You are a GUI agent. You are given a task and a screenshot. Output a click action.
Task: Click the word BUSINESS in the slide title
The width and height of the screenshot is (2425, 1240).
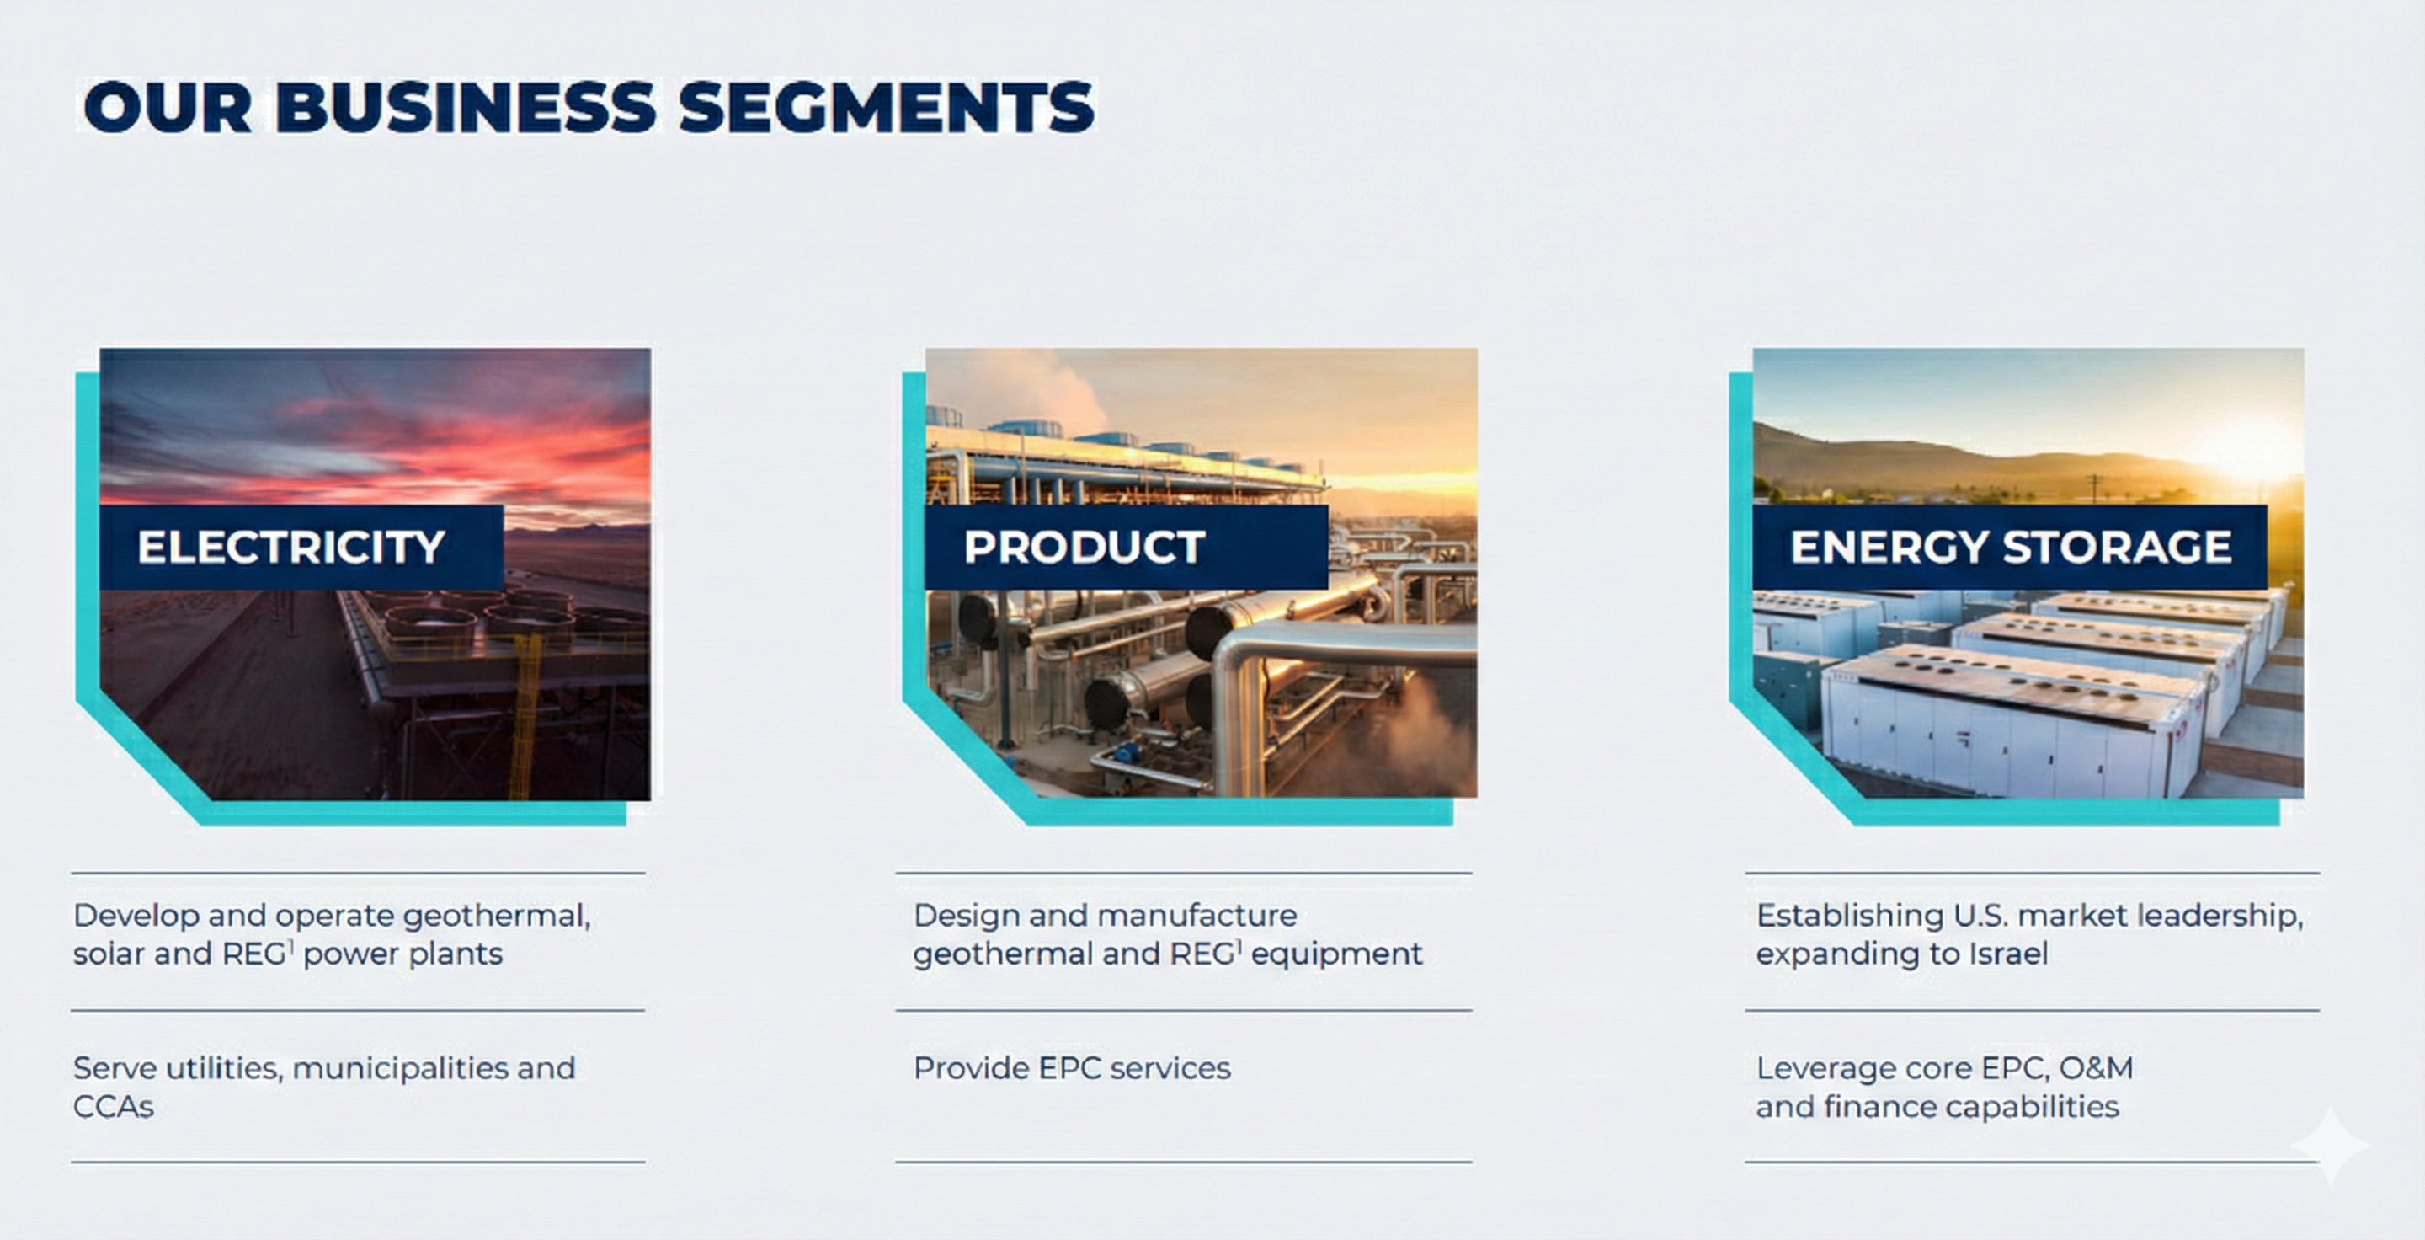pyautogui.click(x=466, y=106)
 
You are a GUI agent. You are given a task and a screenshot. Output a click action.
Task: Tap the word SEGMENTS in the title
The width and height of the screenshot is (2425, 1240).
pyautogui.click(x=886, y=106)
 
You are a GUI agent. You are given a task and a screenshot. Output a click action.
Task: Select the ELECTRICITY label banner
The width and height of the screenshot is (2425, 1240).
pyautogui.click(x=301, y=547)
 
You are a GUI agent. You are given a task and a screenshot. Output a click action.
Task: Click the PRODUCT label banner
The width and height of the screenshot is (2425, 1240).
pyautogui.click(x=1127, y=547)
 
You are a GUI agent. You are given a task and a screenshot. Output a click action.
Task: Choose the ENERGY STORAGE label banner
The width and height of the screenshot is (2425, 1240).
pyautogui.click(x=2010, y=547)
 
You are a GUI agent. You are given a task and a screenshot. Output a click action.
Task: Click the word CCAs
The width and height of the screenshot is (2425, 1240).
pyautogui.click(x=113, y=1107)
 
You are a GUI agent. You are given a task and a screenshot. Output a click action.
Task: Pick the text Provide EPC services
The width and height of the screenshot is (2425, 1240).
pyautogui.click(x=1071, y=1069)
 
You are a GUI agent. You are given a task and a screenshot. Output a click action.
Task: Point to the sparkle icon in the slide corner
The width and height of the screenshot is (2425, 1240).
pyautogui.click(x=2331, y=1145)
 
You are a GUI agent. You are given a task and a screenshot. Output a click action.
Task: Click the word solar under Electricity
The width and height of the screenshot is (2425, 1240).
pyautogui.click(x=109, y=954)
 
